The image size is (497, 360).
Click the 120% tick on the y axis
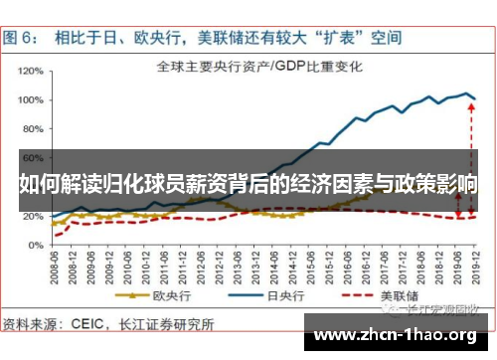[x=35, y=71]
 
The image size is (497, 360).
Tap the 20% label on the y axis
[x=37, y=217]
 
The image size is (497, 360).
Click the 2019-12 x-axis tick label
[x=477, y=258]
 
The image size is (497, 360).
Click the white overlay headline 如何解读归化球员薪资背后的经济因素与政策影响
[x=248, y=185]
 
